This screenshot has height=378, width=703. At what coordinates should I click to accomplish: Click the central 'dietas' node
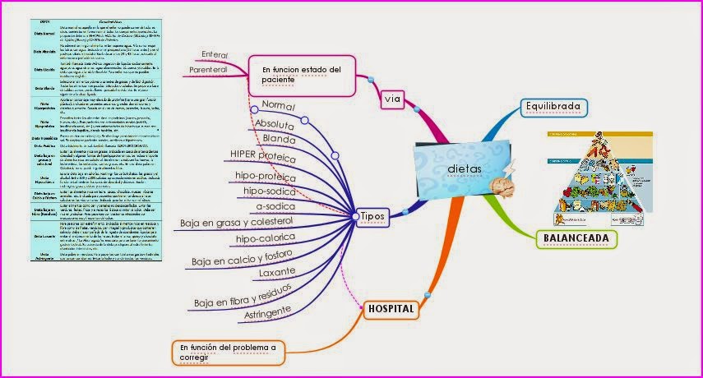tap(465, 168)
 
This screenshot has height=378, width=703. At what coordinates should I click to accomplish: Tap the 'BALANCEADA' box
tap(576, 239)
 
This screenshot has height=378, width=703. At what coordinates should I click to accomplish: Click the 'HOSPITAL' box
tap(391, 308)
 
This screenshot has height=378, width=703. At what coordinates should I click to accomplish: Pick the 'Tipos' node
tap(373, 215)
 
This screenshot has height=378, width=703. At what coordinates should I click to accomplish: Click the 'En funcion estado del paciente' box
tap(301, 75)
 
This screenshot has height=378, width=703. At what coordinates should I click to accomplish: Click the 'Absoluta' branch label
tap(280, 126)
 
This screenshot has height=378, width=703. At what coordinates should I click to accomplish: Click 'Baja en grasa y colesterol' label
tap(237, 223)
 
